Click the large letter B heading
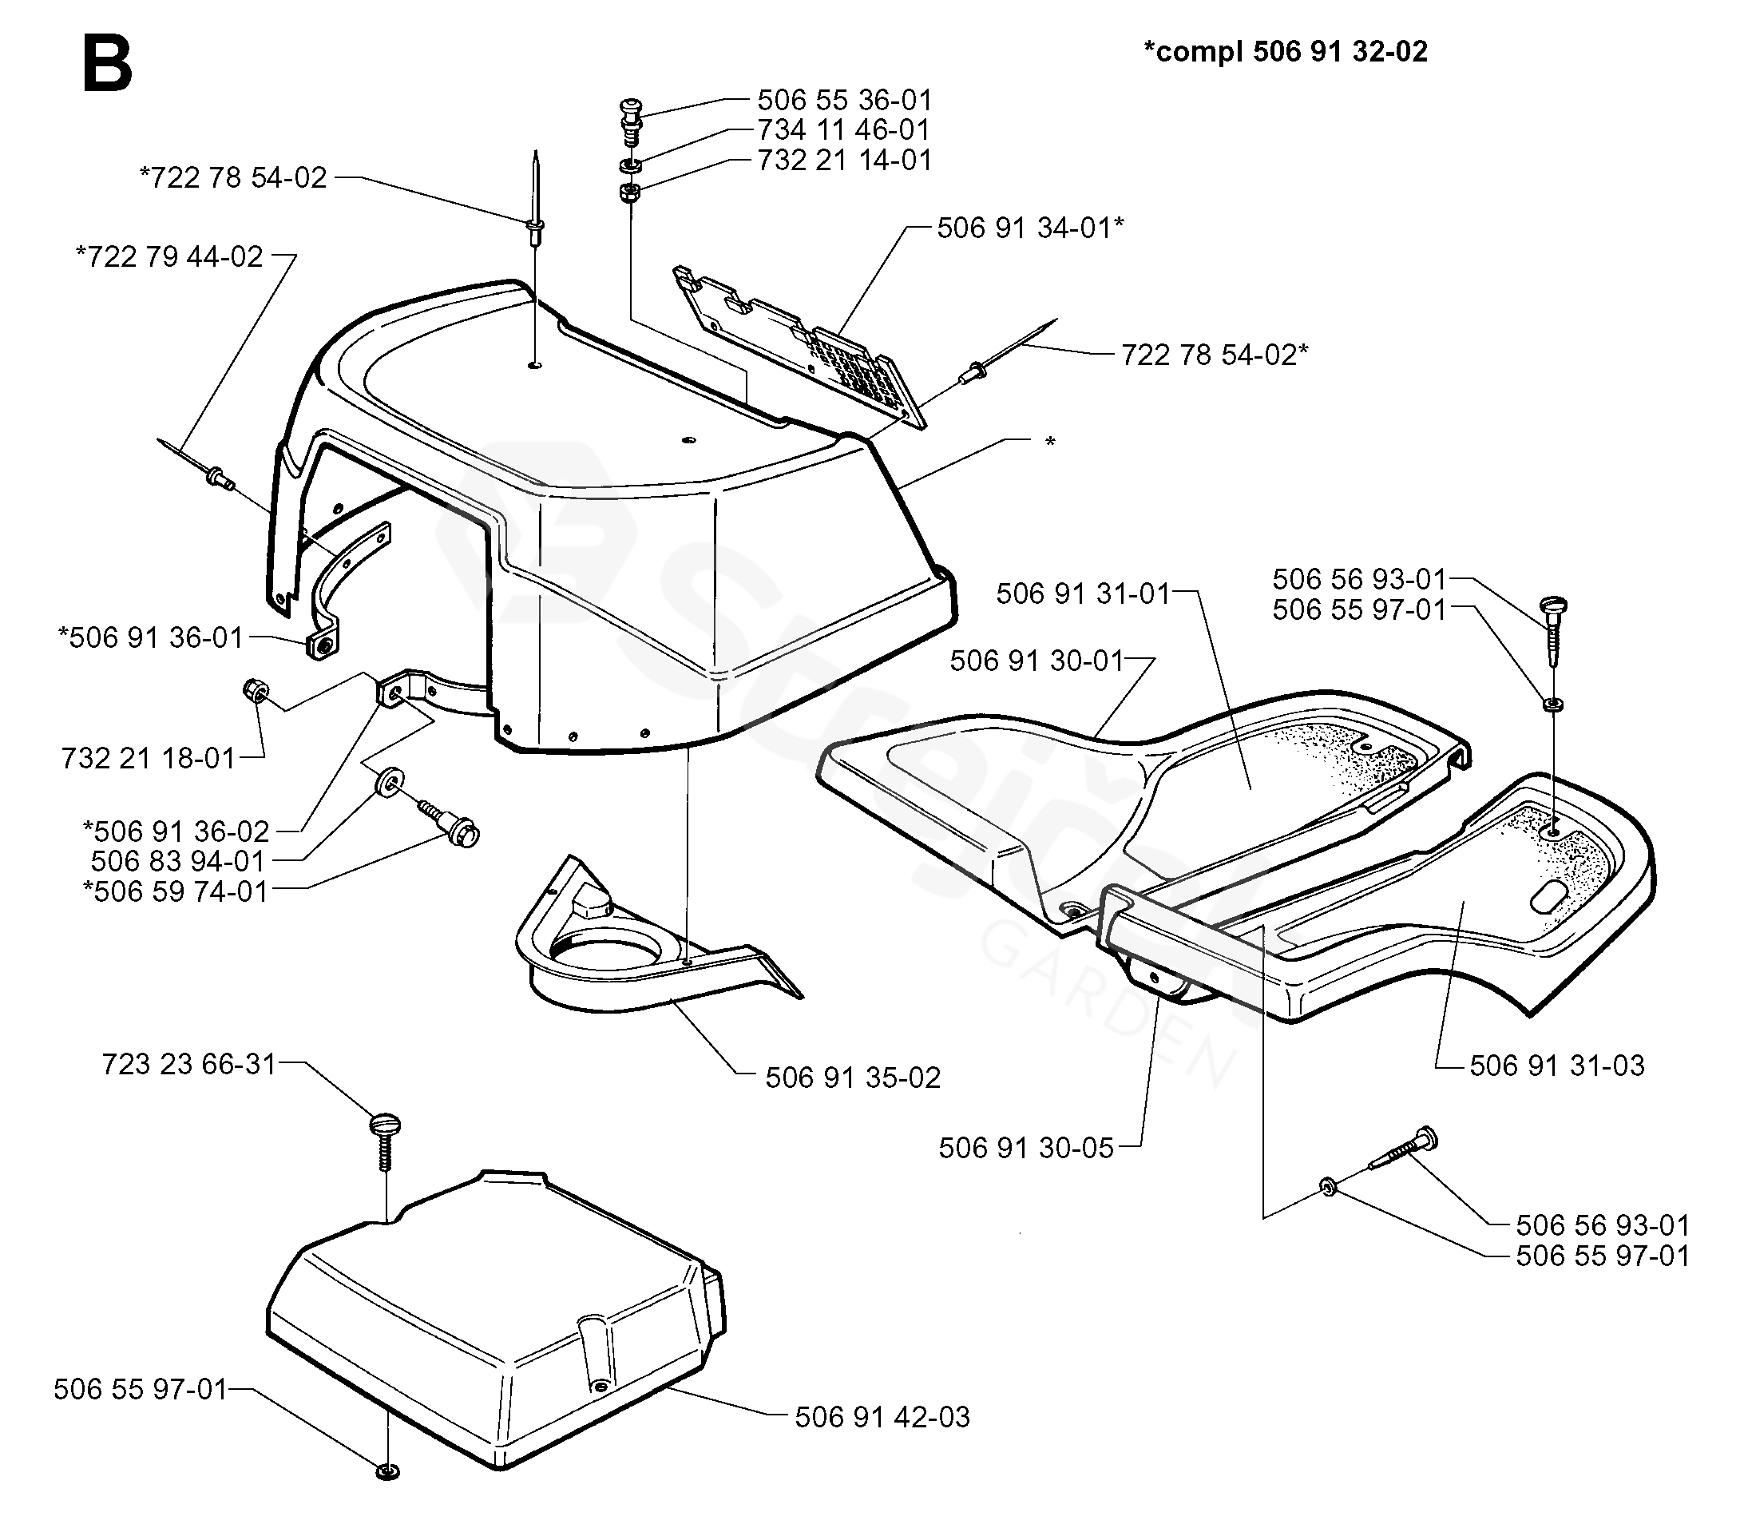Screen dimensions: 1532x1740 coord(107,65)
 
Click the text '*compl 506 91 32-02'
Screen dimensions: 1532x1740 coord(1285,52)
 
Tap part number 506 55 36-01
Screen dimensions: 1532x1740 coord(845,100)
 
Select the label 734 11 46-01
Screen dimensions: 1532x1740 coord(843,129)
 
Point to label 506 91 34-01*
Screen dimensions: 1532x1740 coord(1030,228)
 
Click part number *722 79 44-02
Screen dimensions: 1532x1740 coord(169,256)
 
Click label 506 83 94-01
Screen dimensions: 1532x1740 coord(179,861)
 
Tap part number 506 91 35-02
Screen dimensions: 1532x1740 coord(852,1078)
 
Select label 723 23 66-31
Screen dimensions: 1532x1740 coord(189,1064)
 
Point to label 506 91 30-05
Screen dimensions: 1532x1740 coord(1026,1148)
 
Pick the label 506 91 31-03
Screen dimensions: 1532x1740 coord(1557,1066)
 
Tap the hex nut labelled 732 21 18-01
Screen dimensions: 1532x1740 coord(255,690)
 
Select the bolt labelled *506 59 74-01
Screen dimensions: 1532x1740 coord(451,824)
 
